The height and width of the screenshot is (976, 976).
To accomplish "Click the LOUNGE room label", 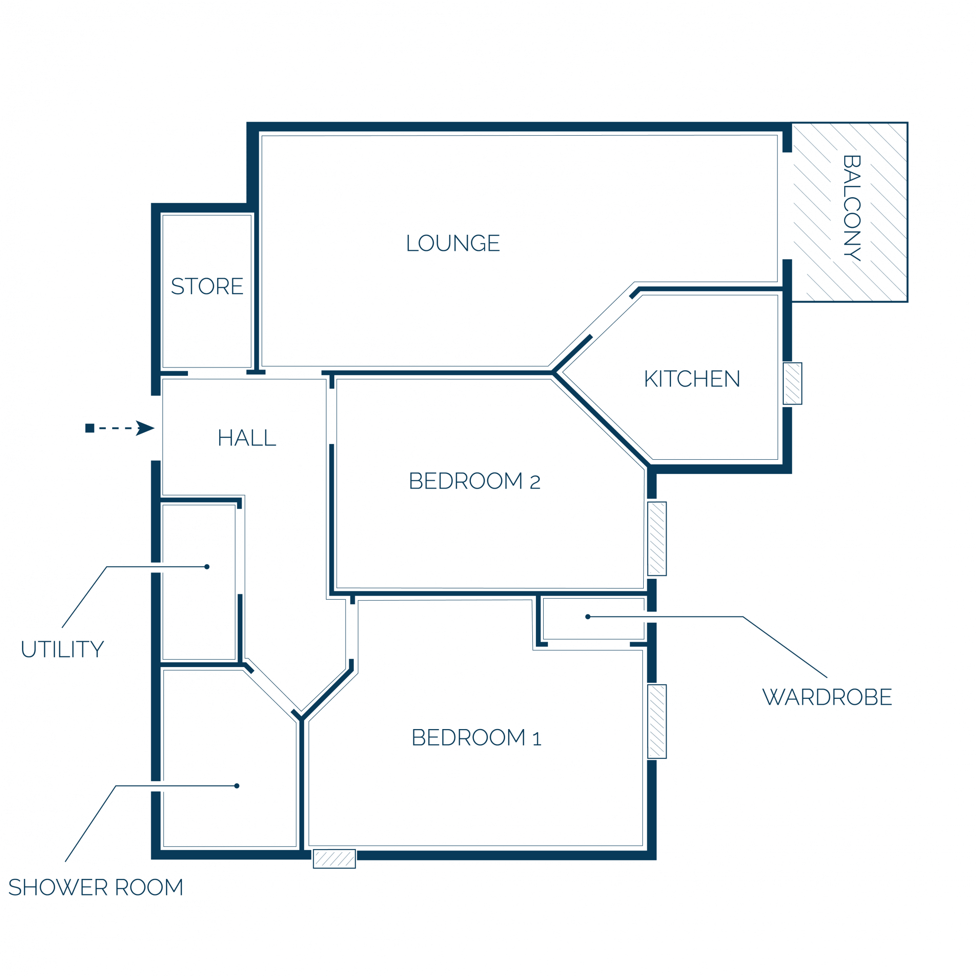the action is click(x=453, y=243).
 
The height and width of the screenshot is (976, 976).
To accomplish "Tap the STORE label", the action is click(x=207, y=286).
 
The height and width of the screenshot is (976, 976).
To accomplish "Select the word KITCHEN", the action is click(x=692, y=379).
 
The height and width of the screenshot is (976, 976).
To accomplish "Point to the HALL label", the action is click(x=247, y=438).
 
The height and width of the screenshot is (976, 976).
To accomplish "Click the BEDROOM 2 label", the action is click(x=475, y=481).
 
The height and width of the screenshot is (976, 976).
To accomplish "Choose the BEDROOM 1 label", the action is click(x=477, y=737).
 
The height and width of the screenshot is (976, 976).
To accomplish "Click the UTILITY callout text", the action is click(x=62, y=649).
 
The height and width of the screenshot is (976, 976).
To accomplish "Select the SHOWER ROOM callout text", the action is click(x=96, y=888).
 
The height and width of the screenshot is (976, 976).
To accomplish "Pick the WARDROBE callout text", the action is click(x=828, y=697).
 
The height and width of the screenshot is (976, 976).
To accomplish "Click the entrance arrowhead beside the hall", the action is click(x=145, y=428).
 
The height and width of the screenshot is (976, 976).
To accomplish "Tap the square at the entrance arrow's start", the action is click(x=90, y=428).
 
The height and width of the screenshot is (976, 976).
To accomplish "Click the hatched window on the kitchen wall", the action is click(x=793, y=384).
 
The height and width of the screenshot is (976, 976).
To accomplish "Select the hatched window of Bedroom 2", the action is click(x=657, y=539).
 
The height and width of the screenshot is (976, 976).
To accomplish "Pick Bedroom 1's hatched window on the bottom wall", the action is click(x=334, y=859).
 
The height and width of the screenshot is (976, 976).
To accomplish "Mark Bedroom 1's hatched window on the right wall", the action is click(x=657, y=721).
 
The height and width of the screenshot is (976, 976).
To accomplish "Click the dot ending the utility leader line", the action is click(x=207, y=567).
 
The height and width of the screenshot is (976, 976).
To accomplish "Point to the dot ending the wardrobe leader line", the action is click(x=588, y=617).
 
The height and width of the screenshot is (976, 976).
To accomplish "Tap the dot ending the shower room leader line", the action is click(x=237, y=786).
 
